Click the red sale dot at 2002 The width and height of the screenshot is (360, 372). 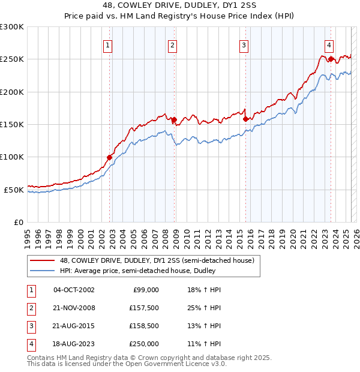pos(110,157)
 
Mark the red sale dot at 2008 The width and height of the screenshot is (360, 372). pos(174,119)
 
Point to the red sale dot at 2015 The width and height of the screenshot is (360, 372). pos(245,119)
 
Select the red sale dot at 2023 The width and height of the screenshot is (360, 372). pos(331,59)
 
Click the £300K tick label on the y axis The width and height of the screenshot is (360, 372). pos(12,27)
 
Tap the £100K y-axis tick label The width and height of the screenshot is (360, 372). pos(12,157)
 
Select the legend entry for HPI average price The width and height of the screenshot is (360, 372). pos(139,271)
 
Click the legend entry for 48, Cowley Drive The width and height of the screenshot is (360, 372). pos(157,260)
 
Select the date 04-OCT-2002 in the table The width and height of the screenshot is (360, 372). pos(74,290)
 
